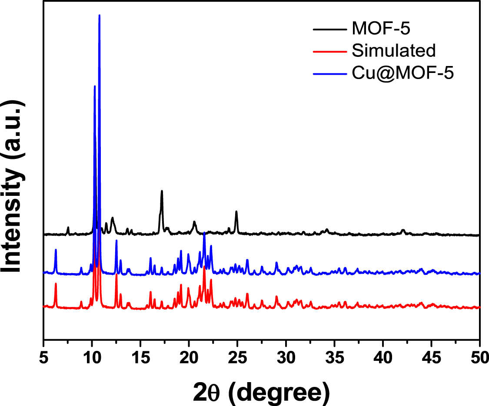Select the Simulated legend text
[x=394, y=51]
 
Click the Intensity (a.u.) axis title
[x=14, y=187]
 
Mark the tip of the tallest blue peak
[x=100, y=15]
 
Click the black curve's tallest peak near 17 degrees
[x=162, y=191]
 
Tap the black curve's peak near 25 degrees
[x=236, y=211]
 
